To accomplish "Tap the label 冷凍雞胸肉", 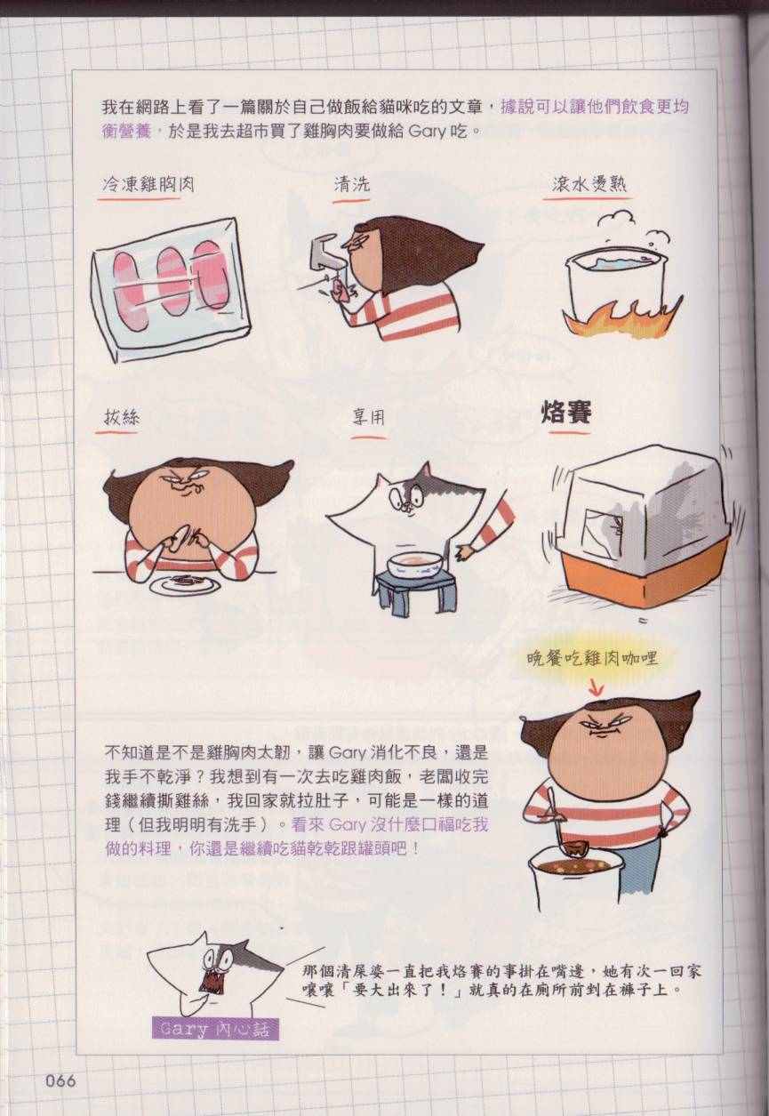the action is coord(148,185).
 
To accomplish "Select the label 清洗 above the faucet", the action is coord(352,184).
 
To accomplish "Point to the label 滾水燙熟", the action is coord(589,184).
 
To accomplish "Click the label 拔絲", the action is coord(122,416).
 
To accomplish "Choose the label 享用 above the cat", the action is coord(368,418).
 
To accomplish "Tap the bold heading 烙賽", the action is coord(566,413).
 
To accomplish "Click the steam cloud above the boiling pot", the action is coord(615,221).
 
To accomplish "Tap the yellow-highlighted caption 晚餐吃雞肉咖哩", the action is coord(592,659).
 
